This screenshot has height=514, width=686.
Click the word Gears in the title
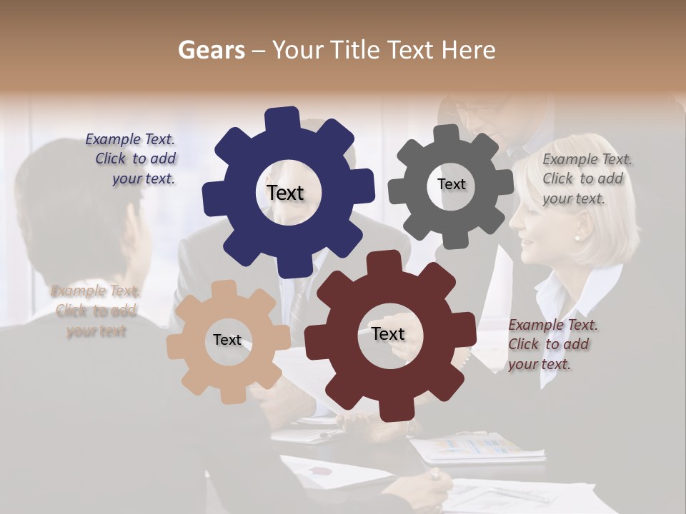[x=212, y=50]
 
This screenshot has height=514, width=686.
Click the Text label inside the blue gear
[x=285, y=193]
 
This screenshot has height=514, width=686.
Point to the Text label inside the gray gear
[x=451, y=184]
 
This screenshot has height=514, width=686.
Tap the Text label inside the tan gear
[x=227, y=340]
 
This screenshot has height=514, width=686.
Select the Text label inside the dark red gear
[x=388, y=333]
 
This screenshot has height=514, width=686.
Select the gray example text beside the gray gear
[x=585, y=178]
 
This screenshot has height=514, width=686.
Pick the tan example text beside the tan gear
[x=96, y=311]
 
